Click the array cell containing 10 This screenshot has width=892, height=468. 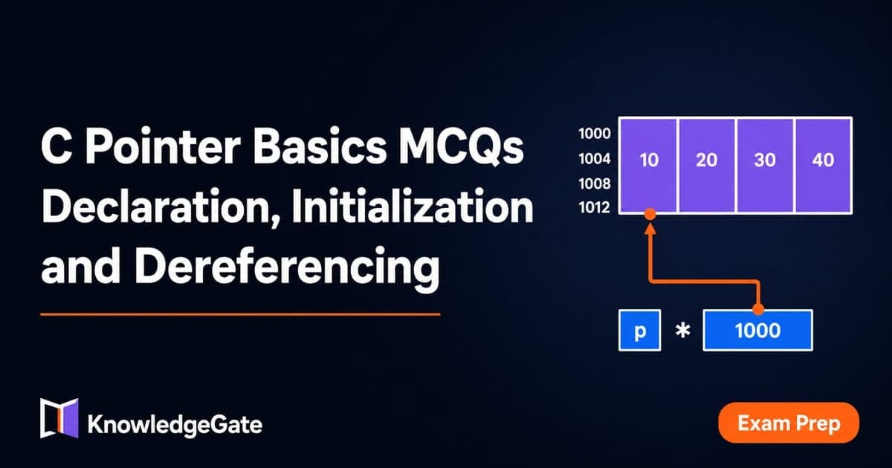pos(649,165)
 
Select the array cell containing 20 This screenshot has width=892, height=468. pos(707,165)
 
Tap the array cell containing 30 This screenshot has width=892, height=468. pos(765,165)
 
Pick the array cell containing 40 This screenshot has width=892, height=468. pos(823,165)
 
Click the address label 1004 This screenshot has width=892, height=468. pos(595,159)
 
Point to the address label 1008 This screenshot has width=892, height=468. pos(595,183)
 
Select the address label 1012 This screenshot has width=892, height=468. pos(595,207)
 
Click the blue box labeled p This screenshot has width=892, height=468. pos(639,331)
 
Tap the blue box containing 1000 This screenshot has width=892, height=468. pos(757,331)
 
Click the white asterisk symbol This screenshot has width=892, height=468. pos(682,331)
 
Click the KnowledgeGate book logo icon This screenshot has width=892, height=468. pos(59,418)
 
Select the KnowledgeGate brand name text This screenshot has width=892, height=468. pos(175,425)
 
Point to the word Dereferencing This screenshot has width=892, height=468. pos(287,266)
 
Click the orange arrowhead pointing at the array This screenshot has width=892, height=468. pos(650,230)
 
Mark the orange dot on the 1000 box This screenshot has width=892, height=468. pos(758,309)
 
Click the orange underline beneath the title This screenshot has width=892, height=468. pos(240,314)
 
